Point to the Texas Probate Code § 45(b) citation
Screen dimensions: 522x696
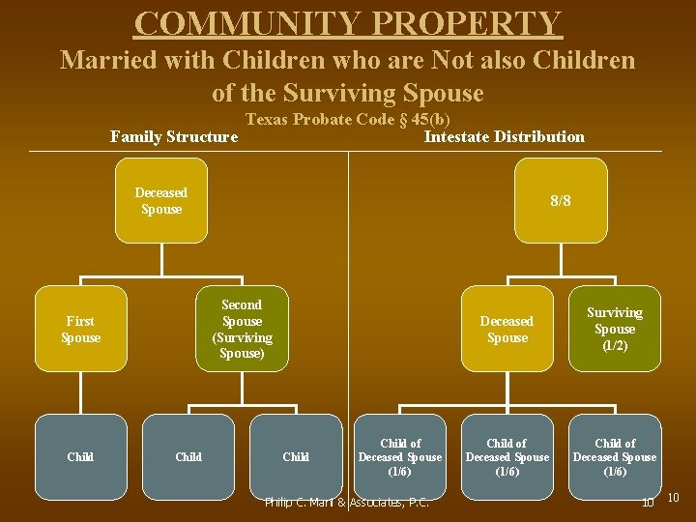point(348,120)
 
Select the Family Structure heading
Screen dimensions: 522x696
point(174,136)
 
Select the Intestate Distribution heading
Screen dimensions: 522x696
point(504,136)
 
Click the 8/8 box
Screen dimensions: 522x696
point(561,200)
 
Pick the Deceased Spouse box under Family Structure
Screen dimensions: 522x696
point(160,200)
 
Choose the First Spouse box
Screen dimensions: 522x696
point(80,329)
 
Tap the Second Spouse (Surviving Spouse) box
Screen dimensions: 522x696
point(242,329)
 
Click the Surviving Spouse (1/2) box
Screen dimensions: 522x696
point(614,329)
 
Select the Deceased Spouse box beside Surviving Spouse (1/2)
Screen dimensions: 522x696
point(507,329)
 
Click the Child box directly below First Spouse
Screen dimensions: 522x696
point(80,456)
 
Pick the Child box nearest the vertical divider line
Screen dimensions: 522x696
point(296,456)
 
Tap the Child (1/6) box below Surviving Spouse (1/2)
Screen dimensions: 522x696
point(614,456)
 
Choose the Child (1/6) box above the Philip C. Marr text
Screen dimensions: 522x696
point(400,456)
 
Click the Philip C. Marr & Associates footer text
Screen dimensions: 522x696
point(347,503)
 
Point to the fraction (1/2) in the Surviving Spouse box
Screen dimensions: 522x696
point(615,345)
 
